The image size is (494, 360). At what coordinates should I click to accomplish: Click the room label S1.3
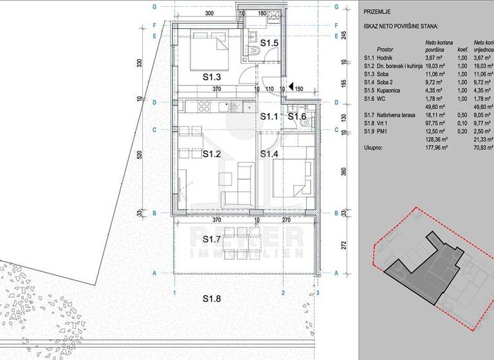coord(212,76)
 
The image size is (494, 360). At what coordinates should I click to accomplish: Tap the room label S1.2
coord(212,154)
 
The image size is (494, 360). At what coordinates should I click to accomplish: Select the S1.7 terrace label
coord(212,240)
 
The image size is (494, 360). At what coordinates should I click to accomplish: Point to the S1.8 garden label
coord(212,298)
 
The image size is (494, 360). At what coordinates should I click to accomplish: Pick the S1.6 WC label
coord(298,116)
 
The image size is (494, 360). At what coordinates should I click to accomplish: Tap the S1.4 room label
coord(269,154)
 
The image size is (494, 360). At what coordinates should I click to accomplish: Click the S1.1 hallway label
coord(269,116)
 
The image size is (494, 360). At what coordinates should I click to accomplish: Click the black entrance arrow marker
coord(291,86)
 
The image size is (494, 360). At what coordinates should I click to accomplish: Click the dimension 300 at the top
coord(209,13)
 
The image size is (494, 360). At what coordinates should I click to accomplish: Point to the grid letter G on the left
coord(156,6)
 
